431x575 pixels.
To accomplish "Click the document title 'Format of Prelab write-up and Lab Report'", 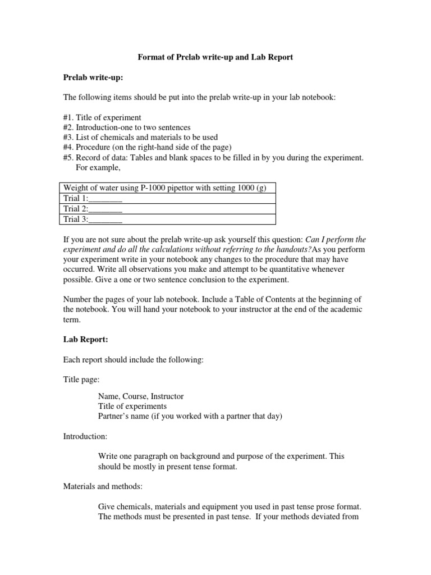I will [x=215, y=57].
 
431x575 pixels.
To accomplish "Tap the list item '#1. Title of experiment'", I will [x=102, y=117].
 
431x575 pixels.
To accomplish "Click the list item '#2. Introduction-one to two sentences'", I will [x=127, y=127].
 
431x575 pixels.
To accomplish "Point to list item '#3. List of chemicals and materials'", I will [x=141, y=138].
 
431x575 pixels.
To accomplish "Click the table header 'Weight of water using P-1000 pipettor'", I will [x=165, y=188].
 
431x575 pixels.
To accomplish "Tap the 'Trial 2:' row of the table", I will [x=93, y=209].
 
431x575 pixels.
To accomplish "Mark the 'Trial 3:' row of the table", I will [x=93, y=219].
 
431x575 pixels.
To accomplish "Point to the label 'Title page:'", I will [x=81, y=380].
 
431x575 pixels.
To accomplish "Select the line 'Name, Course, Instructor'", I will [x=141, y=396].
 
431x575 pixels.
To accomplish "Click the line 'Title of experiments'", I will [x=132, y=406].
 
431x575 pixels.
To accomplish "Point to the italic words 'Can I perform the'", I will [x=335, y=240].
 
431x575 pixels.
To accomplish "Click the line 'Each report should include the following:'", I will [x=133, y=360].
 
